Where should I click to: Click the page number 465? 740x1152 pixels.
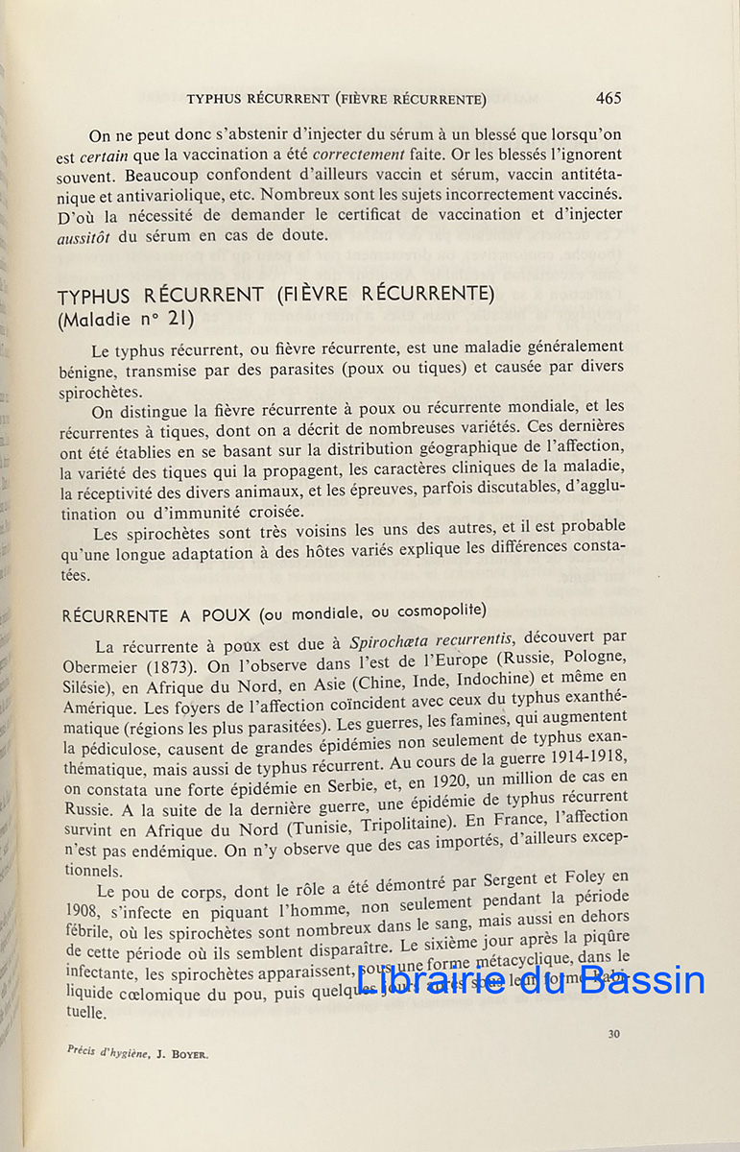pos(608,98)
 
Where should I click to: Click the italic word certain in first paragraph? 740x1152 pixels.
pos(106,156)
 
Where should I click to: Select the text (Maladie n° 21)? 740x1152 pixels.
pos(125,319)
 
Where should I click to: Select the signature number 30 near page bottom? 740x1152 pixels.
pos(614,1034)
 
